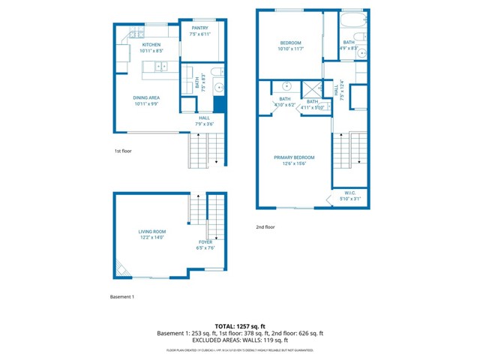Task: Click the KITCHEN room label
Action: point(151,45)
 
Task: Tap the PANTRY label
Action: point(199,28)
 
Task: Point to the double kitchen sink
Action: point(160,67)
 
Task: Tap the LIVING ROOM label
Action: point(151,232)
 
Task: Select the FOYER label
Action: point(205,242)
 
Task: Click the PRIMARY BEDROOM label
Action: point(294,157)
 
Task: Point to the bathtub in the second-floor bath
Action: point(352,17)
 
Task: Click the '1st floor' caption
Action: point(123,151)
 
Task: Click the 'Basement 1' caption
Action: point(121,297)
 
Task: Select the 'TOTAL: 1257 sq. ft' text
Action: point(240,325)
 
